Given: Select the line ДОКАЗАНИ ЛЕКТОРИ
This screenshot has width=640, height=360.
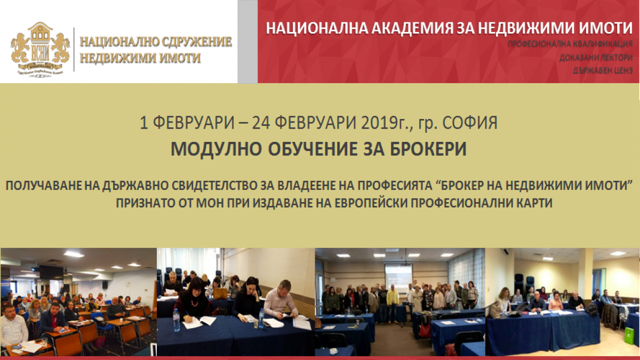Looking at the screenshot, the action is (x=596, y=58).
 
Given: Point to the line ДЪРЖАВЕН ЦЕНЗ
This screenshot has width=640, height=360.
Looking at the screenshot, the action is (x=603, y=70).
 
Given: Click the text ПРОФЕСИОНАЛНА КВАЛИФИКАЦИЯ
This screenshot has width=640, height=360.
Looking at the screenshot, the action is (x=570, y=44).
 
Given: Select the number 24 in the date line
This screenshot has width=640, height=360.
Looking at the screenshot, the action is (x=261, y=123).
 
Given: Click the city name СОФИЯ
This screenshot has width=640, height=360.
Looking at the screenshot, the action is (x=470, y=123).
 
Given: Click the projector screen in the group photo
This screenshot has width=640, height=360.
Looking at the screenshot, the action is (x=398, y=277).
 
